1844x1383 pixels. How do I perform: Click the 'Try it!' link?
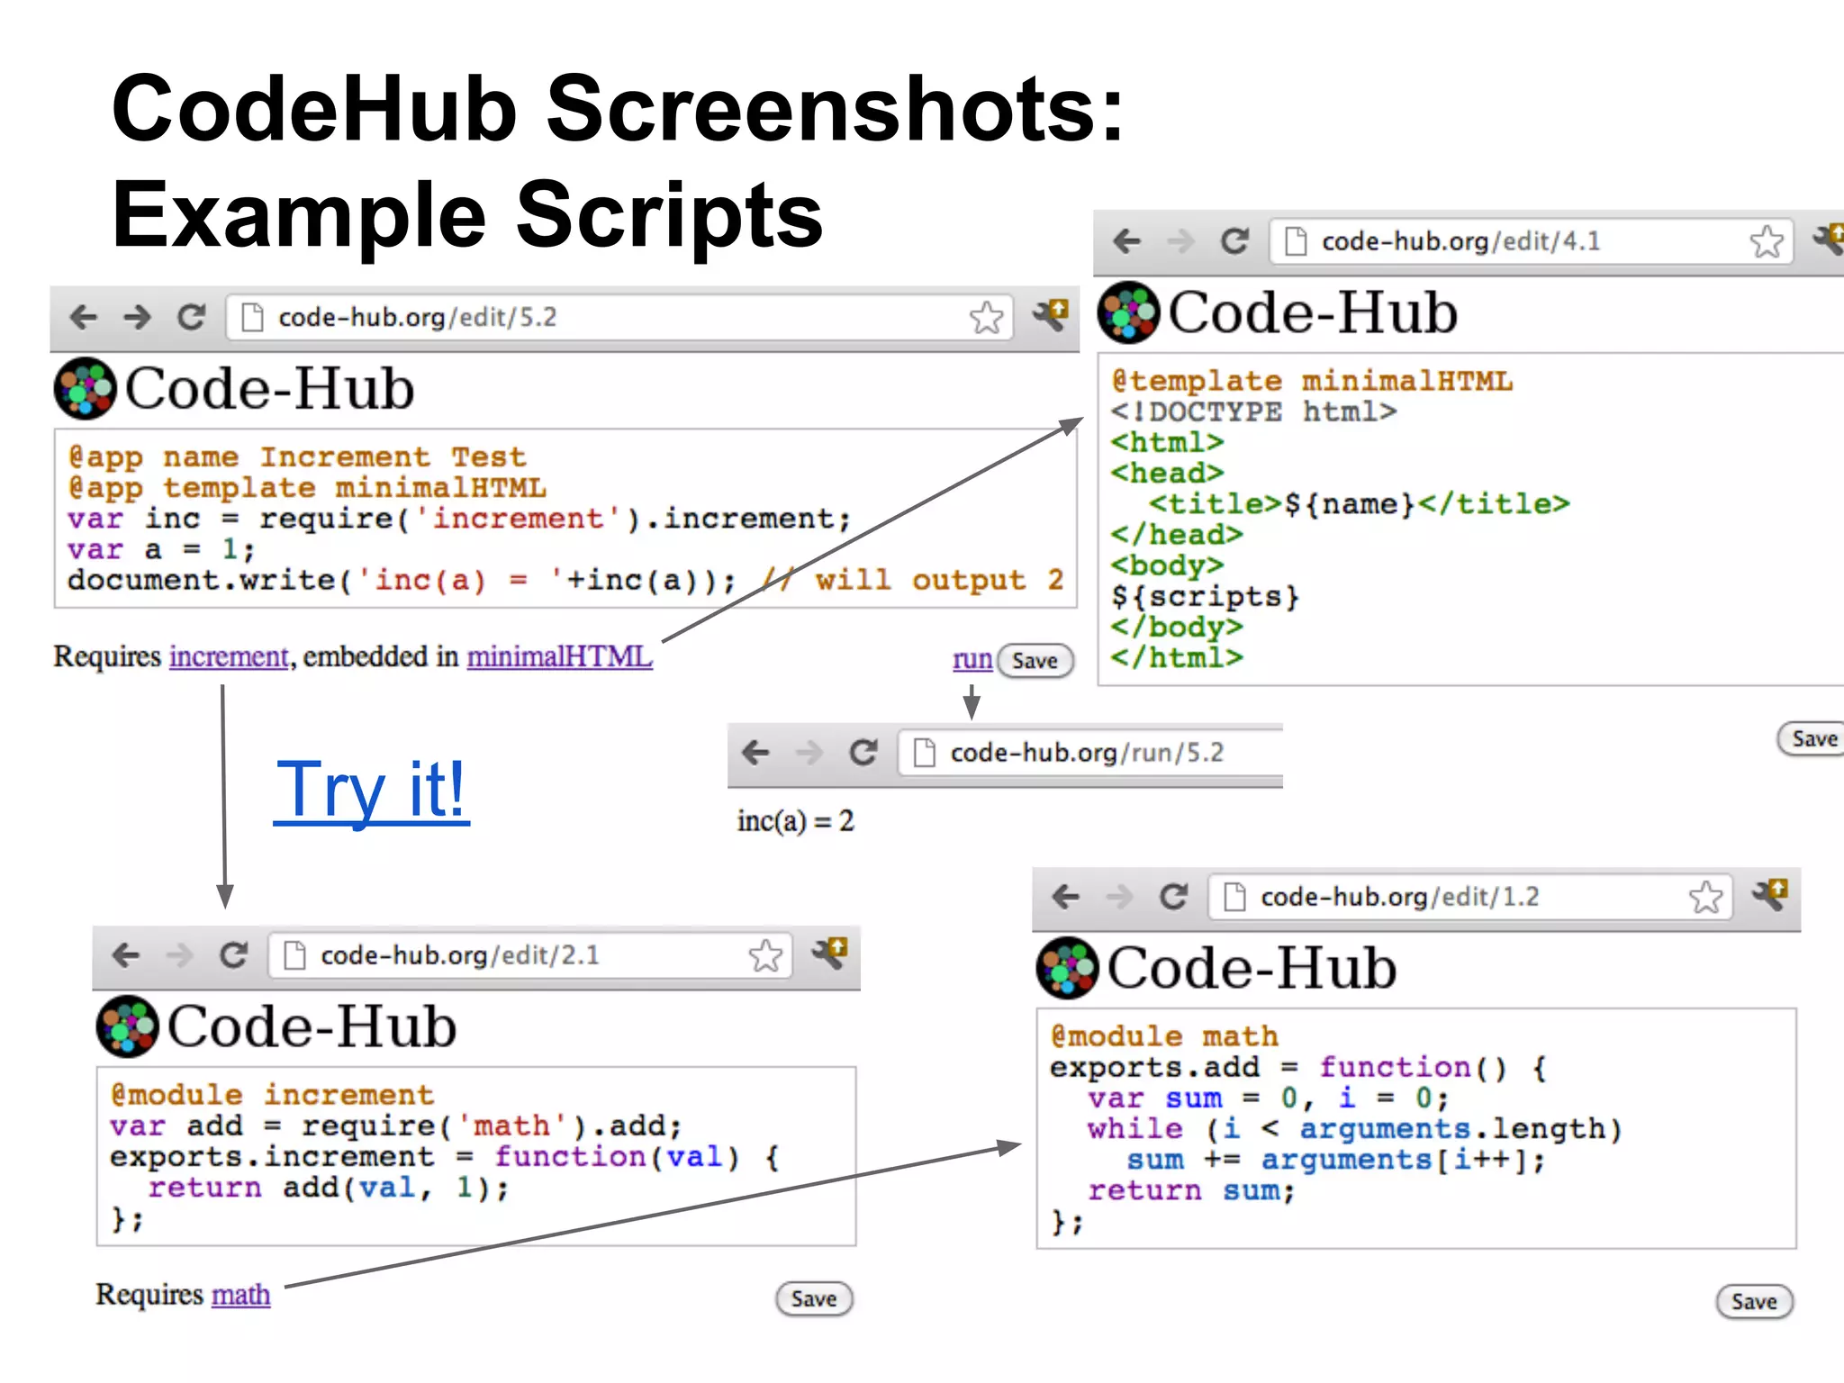point(371,790)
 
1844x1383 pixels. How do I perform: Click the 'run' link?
point(972,660)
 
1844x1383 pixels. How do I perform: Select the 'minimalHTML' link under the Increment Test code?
point(559,656)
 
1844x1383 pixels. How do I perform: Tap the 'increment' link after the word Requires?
point(229,656)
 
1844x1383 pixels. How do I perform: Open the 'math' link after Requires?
point(240,1295)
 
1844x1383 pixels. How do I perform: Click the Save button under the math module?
point(1753,1302)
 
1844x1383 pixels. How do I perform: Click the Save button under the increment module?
point(813,1299)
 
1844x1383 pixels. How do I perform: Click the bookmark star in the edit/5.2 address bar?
point(986,318)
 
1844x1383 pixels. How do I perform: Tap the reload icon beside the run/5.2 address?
point(863,753)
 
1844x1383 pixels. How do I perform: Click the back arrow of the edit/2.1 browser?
point(126,955)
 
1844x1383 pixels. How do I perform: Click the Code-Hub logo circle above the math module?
point(1067,968)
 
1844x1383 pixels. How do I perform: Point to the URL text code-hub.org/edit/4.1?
point(1460,241)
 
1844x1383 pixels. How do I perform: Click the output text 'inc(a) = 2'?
point(795,821)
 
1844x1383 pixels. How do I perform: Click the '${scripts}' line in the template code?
point(1205,596)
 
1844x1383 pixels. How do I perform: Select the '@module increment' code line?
point(271,1095)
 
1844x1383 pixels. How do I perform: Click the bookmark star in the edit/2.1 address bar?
point(765,955)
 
